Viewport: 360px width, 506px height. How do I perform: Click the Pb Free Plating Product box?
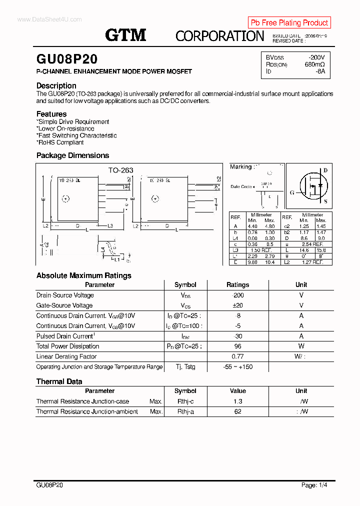(289, 22)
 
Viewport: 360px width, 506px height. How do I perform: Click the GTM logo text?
(125, 35)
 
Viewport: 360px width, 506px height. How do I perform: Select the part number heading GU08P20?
(67, 59)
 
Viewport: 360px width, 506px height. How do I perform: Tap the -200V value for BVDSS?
(316, 57)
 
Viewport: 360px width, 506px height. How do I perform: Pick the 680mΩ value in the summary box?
(314, 64)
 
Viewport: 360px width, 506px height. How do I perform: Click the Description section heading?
(56, 85)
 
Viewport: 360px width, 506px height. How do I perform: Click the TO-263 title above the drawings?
(121, 170)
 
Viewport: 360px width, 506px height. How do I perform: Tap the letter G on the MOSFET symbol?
(292, 192)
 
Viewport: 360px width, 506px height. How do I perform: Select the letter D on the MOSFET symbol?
(325, 170)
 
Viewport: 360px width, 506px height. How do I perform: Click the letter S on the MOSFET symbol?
(325, 202)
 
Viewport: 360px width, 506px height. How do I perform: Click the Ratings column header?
(237, 285)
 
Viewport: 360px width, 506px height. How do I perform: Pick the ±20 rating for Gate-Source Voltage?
(238, 305)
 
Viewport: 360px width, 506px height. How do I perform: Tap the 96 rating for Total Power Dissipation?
(238, 346)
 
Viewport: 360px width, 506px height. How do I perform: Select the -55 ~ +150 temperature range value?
(238, 367)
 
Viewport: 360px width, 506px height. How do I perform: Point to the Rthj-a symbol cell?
(185, 411)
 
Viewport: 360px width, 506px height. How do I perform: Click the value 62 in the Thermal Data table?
(238, 411)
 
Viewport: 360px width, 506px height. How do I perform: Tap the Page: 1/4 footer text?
(314, 485)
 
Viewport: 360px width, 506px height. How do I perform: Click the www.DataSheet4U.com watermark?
(49, 19)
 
